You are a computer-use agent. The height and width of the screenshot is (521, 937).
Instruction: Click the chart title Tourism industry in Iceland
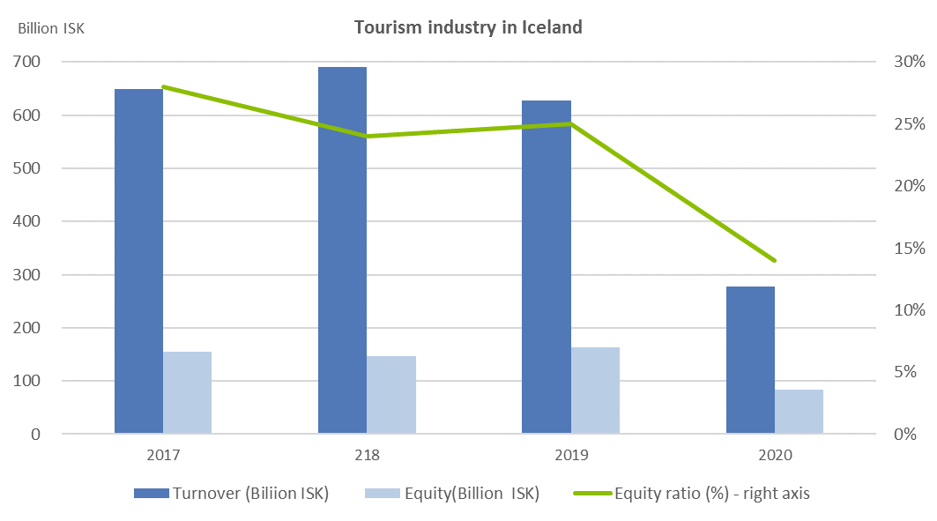468,27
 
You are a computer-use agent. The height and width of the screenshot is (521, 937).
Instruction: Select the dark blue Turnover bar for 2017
138,261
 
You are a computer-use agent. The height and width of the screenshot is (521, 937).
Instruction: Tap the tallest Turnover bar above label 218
342,250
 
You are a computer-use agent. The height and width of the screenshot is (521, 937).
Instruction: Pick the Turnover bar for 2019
547,267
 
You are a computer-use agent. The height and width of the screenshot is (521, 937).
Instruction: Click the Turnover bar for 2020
750,360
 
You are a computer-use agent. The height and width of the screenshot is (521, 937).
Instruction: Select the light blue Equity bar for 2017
187,392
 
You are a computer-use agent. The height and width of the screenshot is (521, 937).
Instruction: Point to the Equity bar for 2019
595,390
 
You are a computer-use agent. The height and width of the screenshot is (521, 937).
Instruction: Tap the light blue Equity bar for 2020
799,412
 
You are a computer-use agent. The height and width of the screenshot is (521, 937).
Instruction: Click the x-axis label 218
367,456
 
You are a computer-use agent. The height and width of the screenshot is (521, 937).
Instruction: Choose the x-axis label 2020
775,456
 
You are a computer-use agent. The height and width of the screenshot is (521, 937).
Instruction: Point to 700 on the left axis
26,62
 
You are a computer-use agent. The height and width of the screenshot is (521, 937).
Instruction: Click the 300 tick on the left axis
26,275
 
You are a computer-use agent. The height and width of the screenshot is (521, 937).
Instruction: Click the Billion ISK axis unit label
51,27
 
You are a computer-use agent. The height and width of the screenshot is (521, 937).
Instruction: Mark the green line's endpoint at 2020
775,260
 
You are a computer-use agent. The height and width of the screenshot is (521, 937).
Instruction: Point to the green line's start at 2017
163,86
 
